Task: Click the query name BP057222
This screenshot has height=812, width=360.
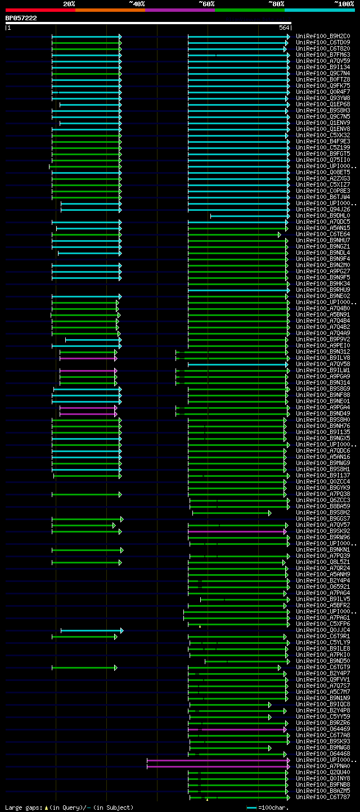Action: click(x=21, y=18)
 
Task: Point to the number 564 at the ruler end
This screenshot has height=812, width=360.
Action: click(x=283, y=28)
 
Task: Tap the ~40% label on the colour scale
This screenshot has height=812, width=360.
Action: click(x=137, y=3)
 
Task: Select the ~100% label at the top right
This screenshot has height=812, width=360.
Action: click(x=344, y=3)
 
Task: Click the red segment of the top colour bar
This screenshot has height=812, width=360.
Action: click(x=40, y=10)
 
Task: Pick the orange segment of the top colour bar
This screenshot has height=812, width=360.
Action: click(x=110, y=10)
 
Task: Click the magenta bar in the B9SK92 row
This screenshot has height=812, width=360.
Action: click(x=236, y=531)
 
